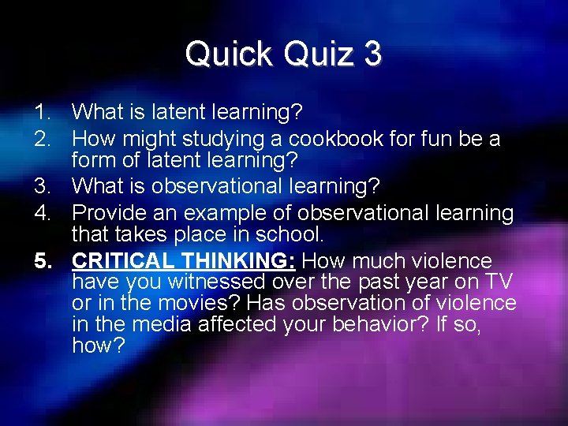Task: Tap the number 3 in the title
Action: click(x=372, y=54)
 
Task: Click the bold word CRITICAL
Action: click(x=121, y=261)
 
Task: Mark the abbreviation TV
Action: click(x=499, y=282)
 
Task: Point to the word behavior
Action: click(x=359, y=325)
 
